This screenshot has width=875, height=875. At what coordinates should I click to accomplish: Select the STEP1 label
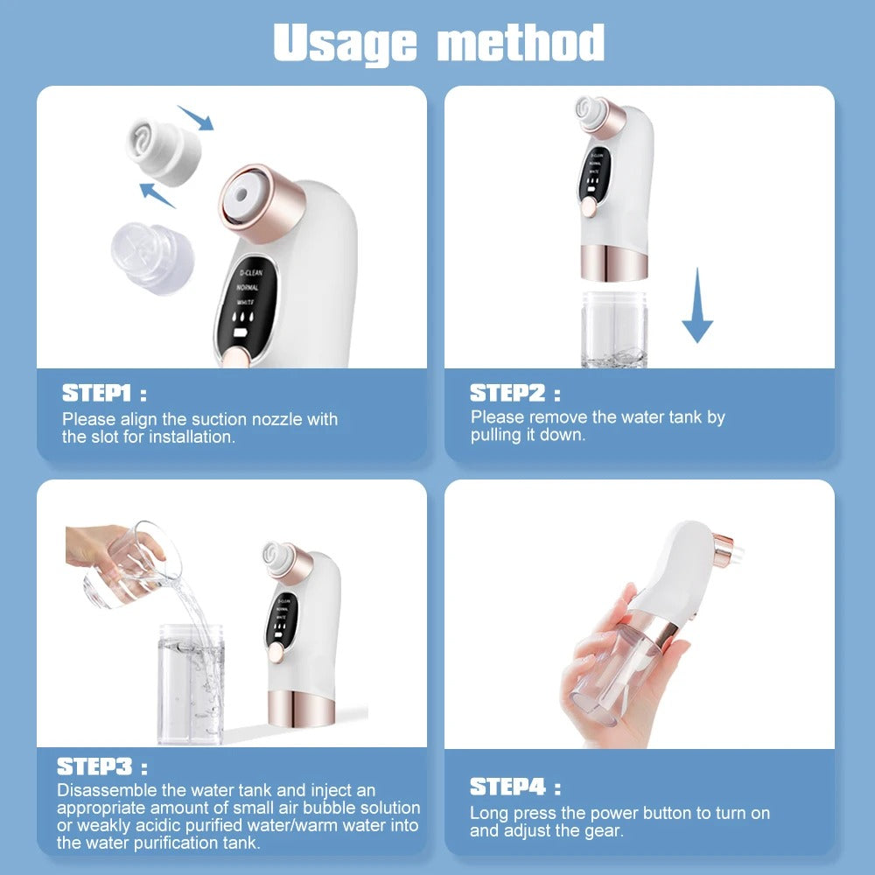(x=103, y=393)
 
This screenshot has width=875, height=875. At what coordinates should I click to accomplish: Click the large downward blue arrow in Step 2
(x=697, y=305)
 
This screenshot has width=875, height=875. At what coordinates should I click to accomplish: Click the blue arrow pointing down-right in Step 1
(x=195, y=117)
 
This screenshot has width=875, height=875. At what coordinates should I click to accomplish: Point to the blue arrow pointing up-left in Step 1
(x=157, y=194)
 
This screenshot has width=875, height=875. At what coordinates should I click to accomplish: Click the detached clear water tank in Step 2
(x=614, y=329)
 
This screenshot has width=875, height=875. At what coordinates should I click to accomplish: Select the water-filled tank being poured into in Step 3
(x=191, y=682)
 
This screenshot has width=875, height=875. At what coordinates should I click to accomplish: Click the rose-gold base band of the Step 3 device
(x=299, y=710)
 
